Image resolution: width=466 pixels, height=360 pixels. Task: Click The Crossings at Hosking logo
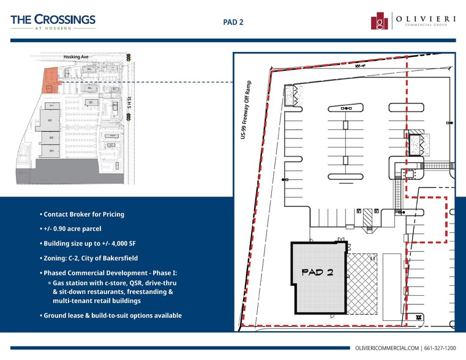(53, 21)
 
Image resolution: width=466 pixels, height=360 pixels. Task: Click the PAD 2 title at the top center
(233, 22)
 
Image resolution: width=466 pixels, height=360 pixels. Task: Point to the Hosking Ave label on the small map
(76, 57)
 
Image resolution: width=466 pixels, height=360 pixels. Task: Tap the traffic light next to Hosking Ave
(129, 57)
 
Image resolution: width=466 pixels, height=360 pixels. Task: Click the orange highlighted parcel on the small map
(49, 82)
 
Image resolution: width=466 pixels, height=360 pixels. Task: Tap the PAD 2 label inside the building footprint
(317, 272)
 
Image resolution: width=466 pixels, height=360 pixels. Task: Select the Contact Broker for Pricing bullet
(82, 214)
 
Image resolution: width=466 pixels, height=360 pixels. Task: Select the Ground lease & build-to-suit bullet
(111, 315)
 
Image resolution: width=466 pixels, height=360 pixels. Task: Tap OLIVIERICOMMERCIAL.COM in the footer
(387, 348)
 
